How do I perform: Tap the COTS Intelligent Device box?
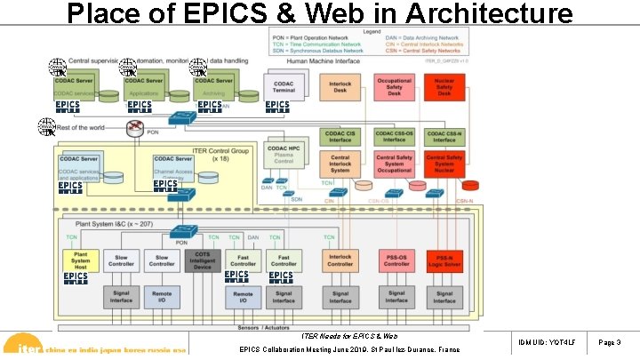coord(203,260)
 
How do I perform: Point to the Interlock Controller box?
coord(340,260)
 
